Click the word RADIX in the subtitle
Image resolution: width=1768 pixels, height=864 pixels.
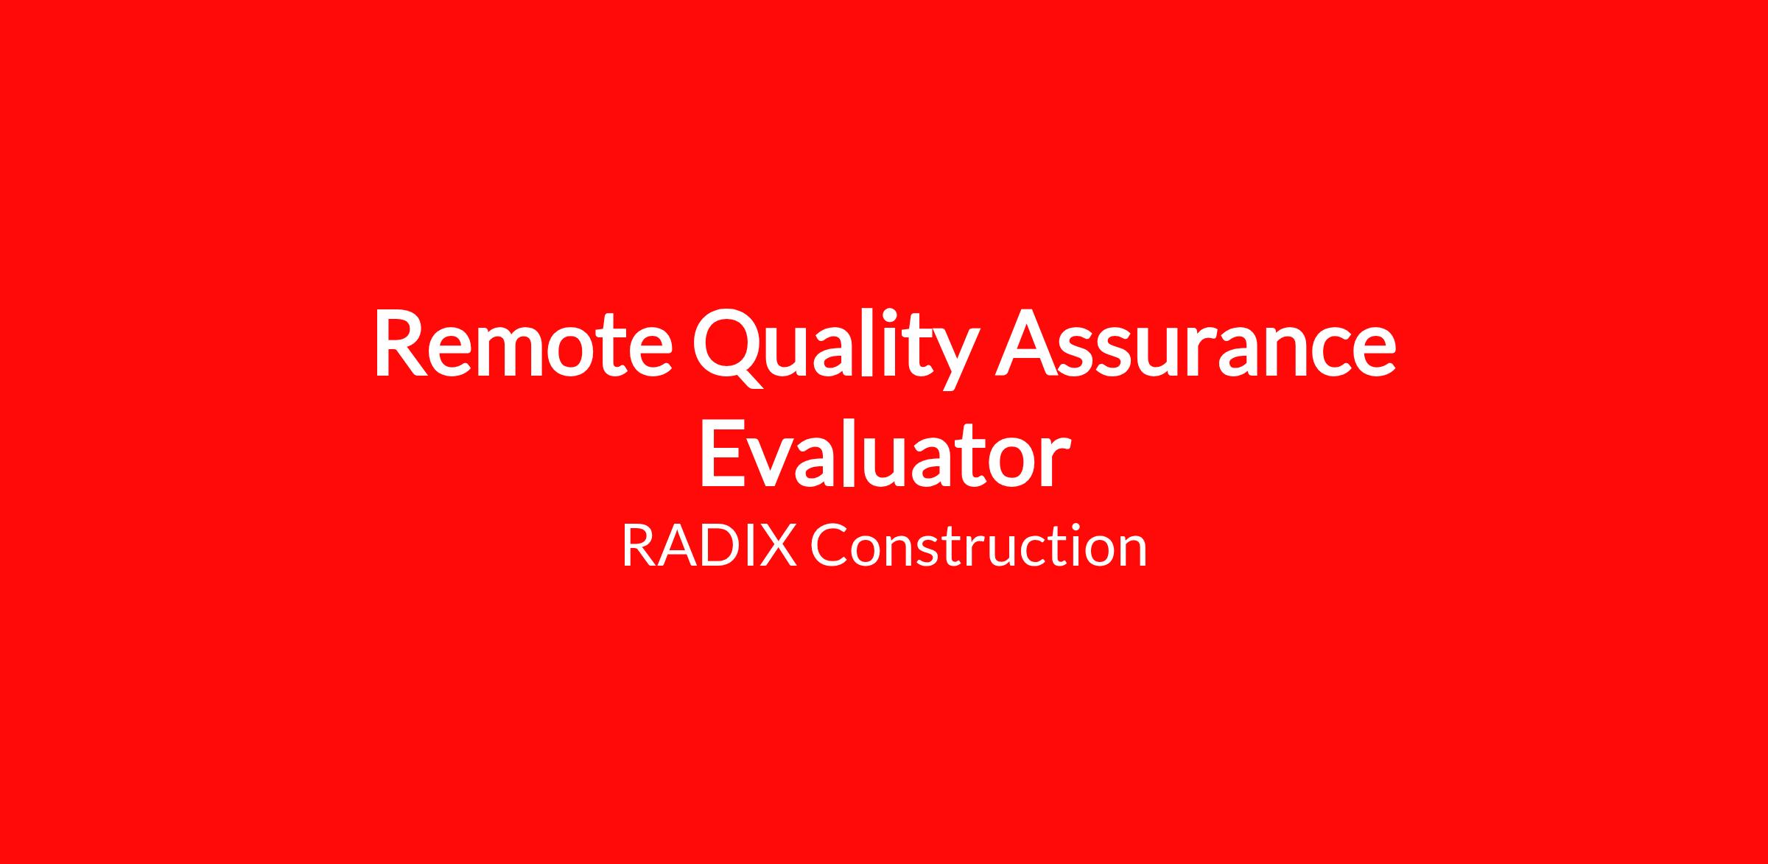(709, 546)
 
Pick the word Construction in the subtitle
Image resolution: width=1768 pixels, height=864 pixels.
(979, 546)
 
